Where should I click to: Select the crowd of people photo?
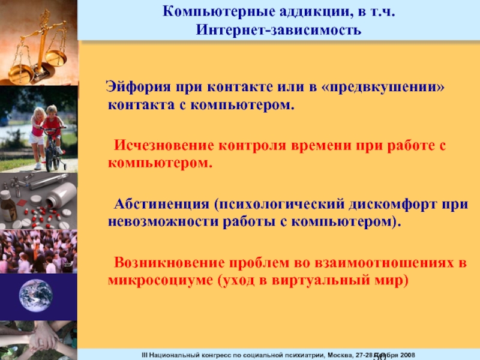pos(38,251)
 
